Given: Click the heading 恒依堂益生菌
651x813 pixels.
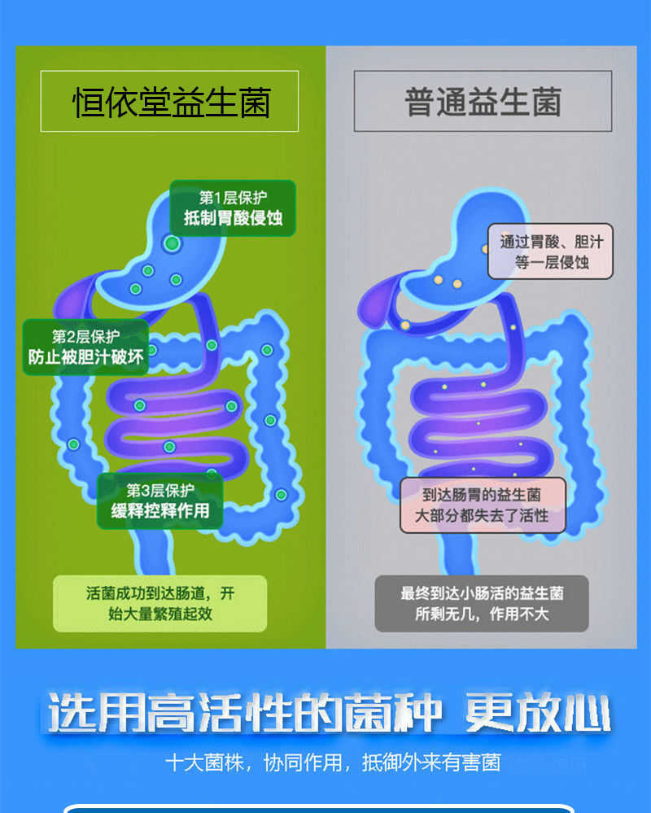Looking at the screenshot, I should click(169, 102).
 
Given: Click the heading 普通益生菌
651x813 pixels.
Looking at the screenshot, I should click(483, 102).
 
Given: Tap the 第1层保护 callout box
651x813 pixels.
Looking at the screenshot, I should click(233, 208).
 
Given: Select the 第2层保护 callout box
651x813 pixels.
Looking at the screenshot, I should click(85, 347).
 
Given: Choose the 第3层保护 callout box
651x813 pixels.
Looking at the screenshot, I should click(160, 500).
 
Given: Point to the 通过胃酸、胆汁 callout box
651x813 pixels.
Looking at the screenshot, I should click(550, 251).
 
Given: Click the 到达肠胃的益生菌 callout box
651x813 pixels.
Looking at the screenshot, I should click(483, 505).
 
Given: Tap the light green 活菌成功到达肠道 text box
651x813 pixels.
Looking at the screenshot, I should click(160, 603).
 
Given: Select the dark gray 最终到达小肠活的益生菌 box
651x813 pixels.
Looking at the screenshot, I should click(482, 603).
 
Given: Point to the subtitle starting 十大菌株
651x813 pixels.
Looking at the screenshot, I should click(332, 763).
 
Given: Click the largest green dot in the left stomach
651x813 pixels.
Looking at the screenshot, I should click(172, 243).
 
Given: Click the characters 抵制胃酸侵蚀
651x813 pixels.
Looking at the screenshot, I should click(234, 220).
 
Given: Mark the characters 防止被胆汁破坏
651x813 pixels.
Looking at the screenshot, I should click(85, 357).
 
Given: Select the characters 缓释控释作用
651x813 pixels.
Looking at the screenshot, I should click(160, 511).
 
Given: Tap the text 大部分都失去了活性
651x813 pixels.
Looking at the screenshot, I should click(483, 516).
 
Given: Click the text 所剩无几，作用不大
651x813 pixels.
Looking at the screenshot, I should click(482, 614).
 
